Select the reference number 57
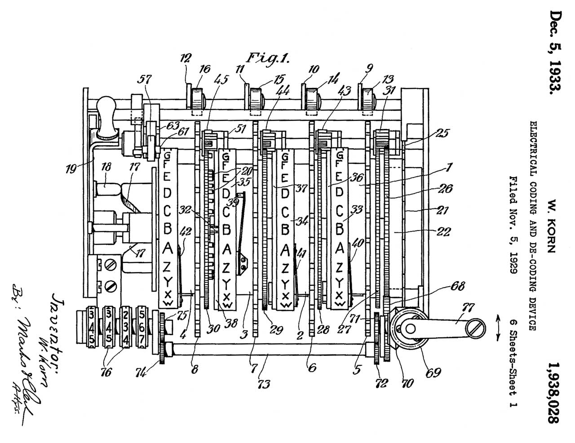pos(145,80)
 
